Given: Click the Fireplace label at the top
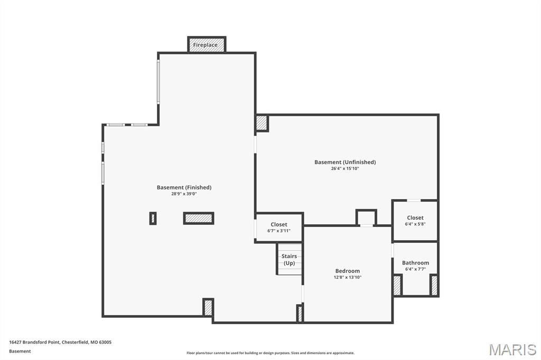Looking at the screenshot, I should point(205,45).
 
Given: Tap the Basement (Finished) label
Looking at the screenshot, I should point(184,187).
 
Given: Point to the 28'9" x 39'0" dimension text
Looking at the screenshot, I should point(184,194).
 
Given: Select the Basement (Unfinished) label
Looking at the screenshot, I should point(345,162).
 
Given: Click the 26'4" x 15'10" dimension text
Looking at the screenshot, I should point(345,168).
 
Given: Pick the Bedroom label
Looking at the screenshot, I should point(347,271).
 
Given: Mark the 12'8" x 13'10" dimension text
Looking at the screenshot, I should point(347,277).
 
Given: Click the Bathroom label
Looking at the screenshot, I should point(415,262).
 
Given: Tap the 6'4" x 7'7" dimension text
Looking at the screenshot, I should point(415,269).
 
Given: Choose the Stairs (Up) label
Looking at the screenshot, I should point(289,259).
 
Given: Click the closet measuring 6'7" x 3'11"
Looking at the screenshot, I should point(279,228).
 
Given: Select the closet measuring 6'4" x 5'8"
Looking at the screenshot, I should point(415,220).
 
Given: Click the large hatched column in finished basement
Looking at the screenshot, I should point(199,218).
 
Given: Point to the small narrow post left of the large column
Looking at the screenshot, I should point(153,218).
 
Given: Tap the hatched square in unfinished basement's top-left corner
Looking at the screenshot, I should point(262,123).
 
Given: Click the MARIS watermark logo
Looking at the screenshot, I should point(512,349).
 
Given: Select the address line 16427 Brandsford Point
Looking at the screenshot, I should point(60,342).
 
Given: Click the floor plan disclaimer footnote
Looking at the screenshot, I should point(270,353).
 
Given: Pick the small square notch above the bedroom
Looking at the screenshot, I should point(366,217).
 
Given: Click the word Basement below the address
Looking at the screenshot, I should point(20,351).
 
